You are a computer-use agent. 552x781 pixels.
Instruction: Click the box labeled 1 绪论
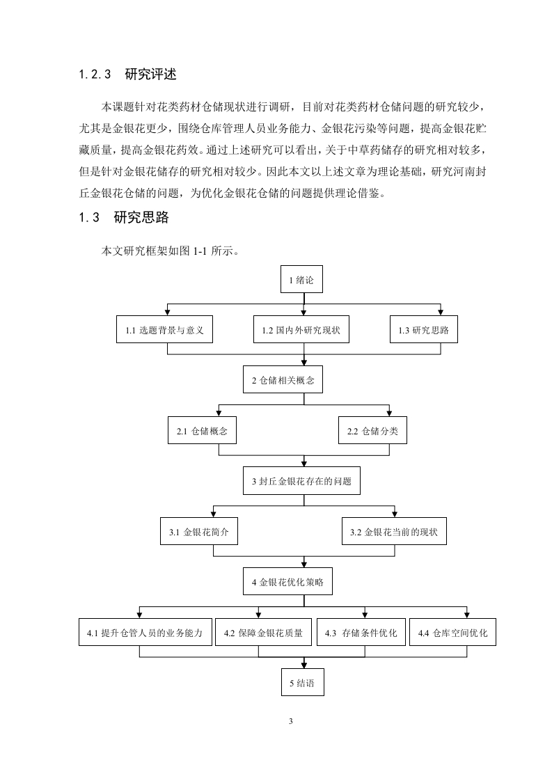(301, 280)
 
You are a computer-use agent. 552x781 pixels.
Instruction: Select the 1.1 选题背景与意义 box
(164, 329)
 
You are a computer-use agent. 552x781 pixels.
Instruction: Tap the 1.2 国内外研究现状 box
(301, 329)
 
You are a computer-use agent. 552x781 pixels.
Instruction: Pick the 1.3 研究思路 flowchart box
(423, 329)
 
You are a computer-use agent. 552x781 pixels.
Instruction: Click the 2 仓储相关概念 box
(283, 379)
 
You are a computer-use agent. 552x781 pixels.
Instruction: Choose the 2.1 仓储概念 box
(202, 430)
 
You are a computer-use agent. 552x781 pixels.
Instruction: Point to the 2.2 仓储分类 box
(372, 430)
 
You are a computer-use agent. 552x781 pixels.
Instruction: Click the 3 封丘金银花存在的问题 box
(301, 481)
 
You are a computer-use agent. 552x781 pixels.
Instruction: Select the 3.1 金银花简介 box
(199, 532)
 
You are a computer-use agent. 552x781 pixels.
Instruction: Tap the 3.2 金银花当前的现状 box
(394, 532)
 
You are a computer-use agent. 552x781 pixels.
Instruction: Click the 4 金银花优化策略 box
(287, 581)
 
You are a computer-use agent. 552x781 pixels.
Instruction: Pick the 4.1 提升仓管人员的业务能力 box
(145, 632)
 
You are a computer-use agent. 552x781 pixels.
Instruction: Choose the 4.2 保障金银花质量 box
(263, 632)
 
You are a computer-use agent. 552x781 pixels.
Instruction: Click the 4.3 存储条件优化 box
(361, 632)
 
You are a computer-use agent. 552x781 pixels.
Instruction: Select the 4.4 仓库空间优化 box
(453, 632)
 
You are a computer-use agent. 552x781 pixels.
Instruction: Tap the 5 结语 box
(302, 682)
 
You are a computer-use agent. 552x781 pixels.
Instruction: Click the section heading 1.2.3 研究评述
(128, 74)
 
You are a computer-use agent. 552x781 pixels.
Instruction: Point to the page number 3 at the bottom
(291, 721)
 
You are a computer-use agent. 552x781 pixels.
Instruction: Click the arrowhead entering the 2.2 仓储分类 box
(389, 413)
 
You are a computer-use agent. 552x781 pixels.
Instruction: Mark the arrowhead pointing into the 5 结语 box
(304, 665)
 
